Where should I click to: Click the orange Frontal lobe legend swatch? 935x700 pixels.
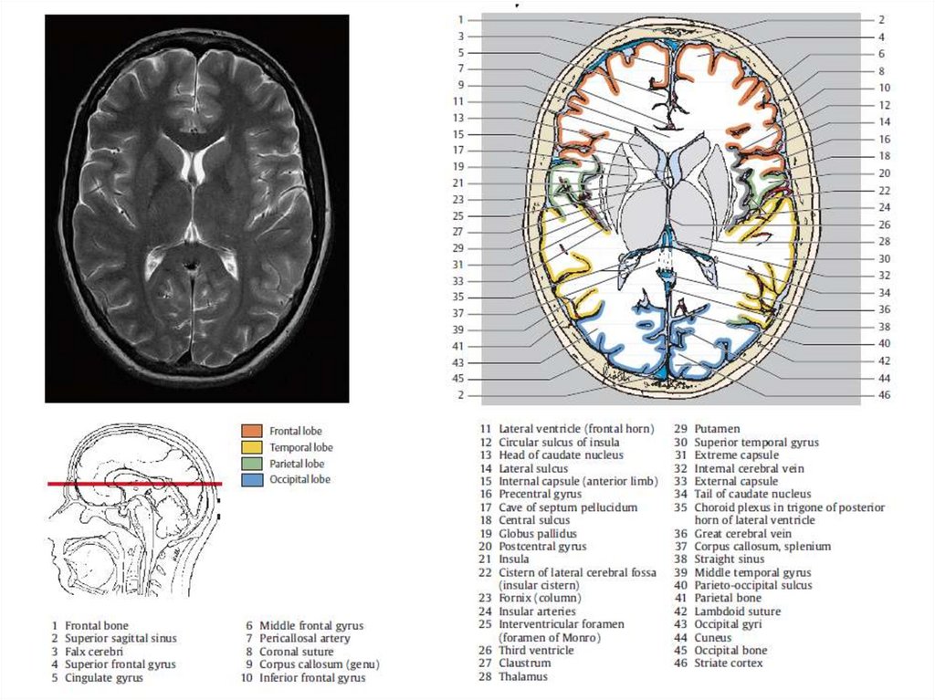click(x=252, y=430)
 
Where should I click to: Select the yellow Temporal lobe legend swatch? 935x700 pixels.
click(x=252, y=446)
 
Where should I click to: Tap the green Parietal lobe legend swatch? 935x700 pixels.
click(x=252, y=463)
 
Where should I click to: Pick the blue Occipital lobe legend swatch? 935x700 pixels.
click(x=252, y=479)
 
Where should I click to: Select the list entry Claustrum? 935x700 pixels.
click(x=526, y=663)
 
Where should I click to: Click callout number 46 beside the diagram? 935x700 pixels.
click(x=883, y=395)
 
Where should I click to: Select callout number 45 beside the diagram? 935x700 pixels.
click(x=459, y=379)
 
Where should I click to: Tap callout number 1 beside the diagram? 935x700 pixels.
click(x=461, y=19)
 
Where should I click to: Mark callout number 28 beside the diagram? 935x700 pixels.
click(x=883, y=242)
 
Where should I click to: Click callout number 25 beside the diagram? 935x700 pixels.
click(x=459, y=215)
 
